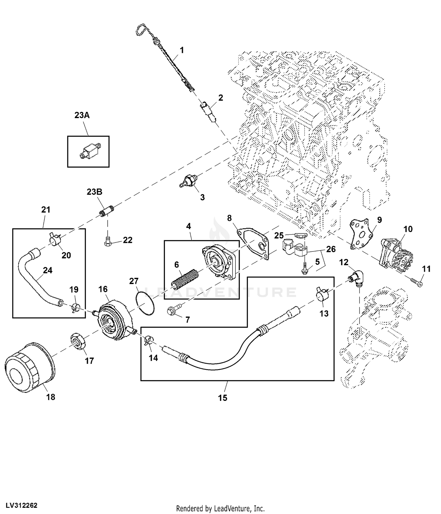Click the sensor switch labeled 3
(x=189, y=180)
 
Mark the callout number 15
(x=223, y=398)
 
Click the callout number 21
(x=46, y=210)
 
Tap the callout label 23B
(x=94, y=192)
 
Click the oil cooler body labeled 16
(x=113, y=319)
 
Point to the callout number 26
(x=331, y=249)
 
